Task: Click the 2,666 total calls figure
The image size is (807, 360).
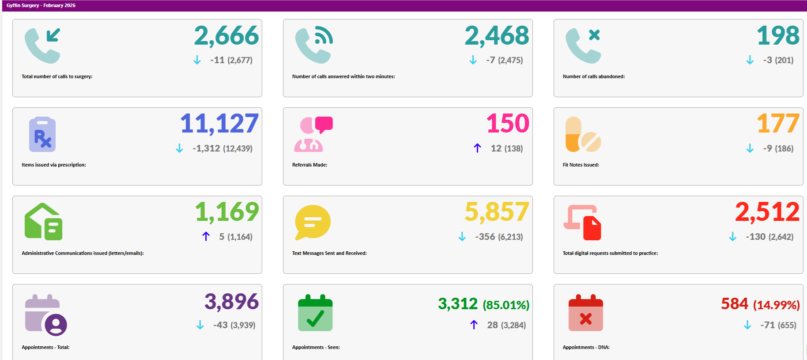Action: pos(226,36)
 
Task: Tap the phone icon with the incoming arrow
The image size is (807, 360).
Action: pos(42,45)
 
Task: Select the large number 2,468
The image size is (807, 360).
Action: pos(497,36)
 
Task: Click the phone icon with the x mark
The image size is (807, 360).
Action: pos(583,45)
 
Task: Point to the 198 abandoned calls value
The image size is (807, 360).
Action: pos(778,36)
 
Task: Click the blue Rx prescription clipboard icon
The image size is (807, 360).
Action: pos(42,134)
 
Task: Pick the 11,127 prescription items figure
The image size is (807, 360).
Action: pos(219,124)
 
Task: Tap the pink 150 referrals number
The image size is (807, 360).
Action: pos(508,124)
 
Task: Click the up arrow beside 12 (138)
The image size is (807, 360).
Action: pos(477,148)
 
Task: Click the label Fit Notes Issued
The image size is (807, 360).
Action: pos(581,165)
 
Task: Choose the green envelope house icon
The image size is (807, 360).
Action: pos(43,222)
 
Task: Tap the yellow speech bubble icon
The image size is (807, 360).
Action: pos(313,222)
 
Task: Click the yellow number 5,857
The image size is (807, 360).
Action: pos(497,212)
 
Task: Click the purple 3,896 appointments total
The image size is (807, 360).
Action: pos(231,302)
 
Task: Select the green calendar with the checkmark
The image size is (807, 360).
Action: pos(315,313)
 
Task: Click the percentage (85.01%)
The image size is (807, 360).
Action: pos(506,305)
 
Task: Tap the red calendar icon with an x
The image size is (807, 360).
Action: pos(585,313)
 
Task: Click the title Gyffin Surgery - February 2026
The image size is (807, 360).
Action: pos(41,5)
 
